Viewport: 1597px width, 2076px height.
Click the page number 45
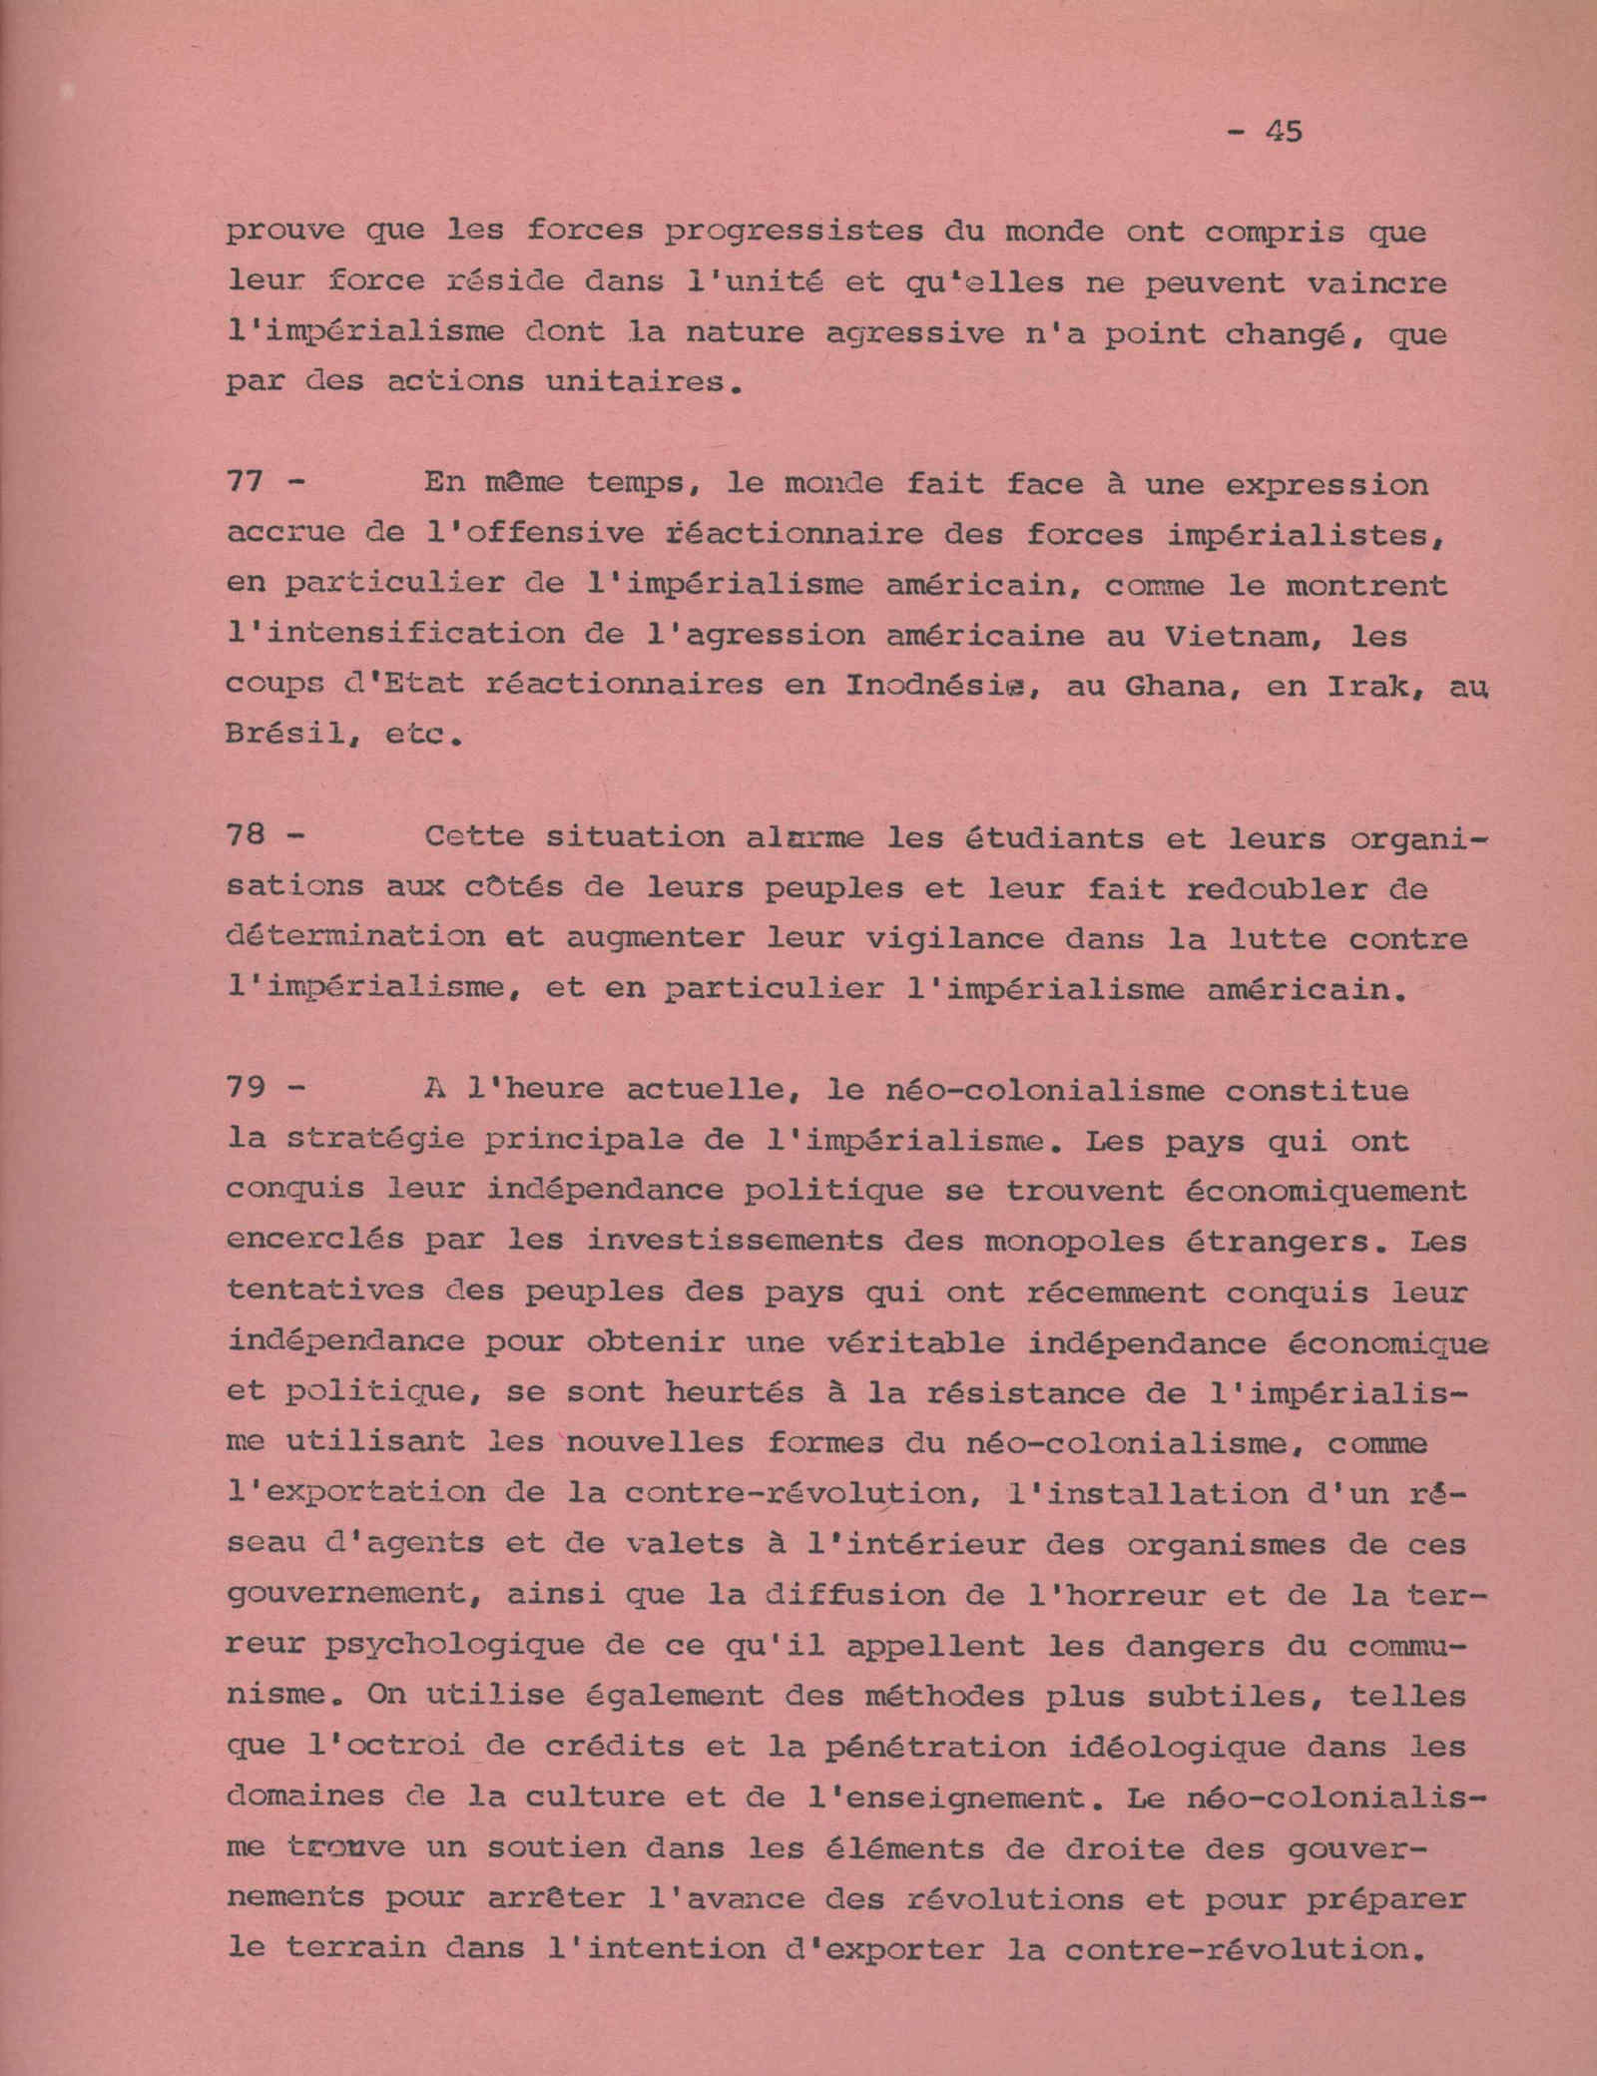(1283, 131)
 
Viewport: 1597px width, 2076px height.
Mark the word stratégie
(375, 1139)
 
